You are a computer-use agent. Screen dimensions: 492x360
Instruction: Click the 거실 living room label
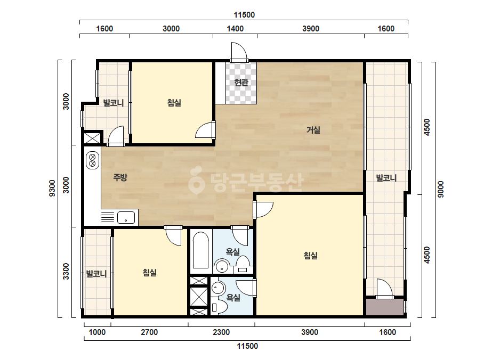tap(313, 129)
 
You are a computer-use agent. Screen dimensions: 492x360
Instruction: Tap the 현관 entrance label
tap(241, 82)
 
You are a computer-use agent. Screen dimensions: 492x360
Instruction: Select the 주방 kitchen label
tap(120, 177)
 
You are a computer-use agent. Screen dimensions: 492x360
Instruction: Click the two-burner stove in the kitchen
tap(92, 160)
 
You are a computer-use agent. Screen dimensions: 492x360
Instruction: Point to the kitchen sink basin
tap(126, 217)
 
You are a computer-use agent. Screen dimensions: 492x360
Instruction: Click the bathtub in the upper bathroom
tap(200, 250)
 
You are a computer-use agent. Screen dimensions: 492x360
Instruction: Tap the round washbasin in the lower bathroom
tap(217, 288)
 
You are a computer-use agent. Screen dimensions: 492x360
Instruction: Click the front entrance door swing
tap(238, 52)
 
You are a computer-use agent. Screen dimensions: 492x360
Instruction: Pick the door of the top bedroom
tap(205, 130)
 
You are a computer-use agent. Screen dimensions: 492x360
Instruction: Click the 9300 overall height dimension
tap(52, 188)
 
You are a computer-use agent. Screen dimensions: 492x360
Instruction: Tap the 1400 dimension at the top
tap(235, 29)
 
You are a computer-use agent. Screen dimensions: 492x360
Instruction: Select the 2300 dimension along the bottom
tap(221, 332)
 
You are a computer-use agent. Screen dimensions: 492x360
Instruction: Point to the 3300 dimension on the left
tap(66, 271)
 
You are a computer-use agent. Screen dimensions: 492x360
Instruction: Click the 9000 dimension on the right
tap(440, 189)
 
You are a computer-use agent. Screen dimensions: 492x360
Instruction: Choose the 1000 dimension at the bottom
tap(97, 332)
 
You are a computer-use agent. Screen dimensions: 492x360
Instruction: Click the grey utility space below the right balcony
tap(385, 307)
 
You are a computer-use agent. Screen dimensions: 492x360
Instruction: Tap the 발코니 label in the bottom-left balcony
tap(96, 274)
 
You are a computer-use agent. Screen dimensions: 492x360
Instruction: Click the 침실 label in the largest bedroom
tap(311, 255)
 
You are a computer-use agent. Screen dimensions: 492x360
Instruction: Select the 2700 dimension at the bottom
tap(149, 332)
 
